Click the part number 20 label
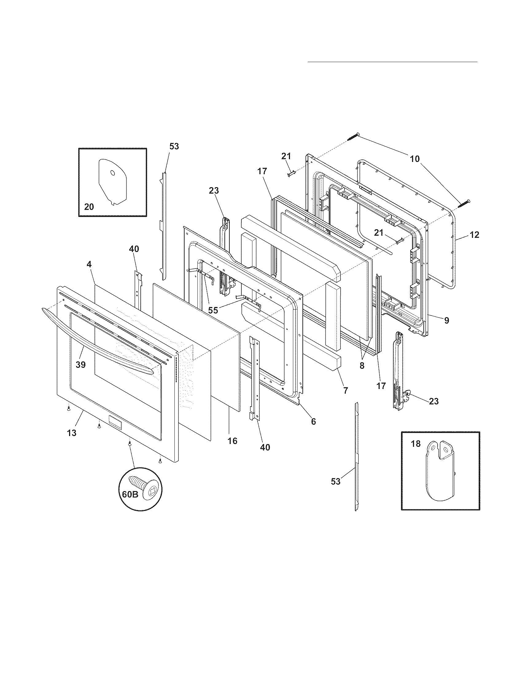coord(89,206)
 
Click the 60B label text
coord(130,494)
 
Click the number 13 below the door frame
coord(72,433)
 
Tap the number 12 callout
coord(474,235)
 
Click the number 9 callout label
coord(446,321)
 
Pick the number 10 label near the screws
coord(415,159)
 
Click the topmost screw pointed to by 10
coord(354,136)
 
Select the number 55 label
coord(213,310)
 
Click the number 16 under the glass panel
coord(232,441)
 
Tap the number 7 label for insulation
coord(345,390)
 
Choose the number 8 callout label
coord(362,366)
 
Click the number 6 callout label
coord(313,421)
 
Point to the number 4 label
coord(89,264)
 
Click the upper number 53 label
coord(174,146)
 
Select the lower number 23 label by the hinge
coord(434,401)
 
